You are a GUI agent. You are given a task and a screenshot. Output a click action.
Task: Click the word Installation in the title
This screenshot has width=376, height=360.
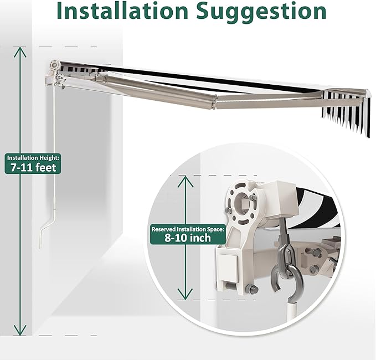(122, 11)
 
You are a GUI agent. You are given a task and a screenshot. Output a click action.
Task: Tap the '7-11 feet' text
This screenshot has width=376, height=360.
(33, 167)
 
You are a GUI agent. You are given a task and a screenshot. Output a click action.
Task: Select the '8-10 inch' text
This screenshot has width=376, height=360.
(188, 238)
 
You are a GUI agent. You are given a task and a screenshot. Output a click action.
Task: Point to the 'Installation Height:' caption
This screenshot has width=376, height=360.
(33, 158)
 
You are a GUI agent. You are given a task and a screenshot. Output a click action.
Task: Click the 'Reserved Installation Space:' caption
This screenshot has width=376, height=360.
(188, 229)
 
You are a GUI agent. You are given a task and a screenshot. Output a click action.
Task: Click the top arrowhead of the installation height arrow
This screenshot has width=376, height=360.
(20, 52)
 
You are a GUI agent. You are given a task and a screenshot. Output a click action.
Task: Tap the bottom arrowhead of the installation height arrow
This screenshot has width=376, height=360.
(20, 330)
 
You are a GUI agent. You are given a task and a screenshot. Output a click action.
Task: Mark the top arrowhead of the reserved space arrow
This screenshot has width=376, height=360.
(186, 181)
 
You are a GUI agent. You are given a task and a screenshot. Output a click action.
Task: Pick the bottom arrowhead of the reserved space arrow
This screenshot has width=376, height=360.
(185, 294)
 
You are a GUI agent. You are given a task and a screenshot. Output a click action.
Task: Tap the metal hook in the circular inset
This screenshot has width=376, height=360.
(287, 283)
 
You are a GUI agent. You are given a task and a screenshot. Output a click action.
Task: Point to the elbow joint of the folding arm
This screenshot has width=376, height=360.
(214, 102)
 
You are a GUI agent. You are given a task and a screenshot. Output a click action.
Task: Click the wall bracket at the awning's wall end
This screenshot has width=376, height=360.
(55, 75)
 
